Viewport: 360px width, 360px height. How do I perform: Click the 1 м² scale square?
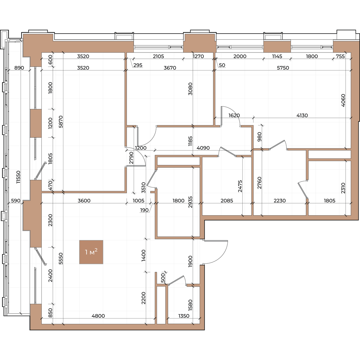click(x=91, y=252)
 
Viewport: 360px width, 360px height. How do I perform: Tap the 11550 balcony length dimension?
click(x=18, y=177)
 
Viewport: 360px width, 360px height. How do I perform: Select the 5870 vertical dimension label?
click(x=61, y=122)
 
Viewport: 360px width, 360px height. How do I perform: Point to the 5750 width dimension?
click(x=283, y=68)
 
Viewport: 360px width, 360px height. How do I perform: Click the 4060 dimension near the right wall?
click(x=343, y=100)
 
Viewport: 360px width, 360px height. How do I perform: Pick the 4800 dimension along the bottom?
click(x=98, y=316)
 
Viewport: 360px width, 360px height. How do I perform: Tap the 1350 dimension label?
click(x=184, y=316)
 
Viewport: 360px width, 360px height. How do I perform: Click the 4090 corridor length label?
click(x=203, y=148)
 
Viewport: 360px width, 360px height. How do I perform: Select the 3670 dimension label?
click(x=170, y=68)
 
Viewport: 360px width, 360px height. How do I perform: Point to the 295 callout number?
click(x=138, y=65)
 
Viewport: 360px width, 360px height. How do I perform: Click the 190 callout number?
click(x=144, y=210)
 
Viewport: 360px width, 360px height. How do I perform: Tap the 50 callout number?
click(x=222, y=65)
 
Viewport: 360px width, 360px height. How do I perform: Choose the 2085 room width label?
click(x=227, y=201)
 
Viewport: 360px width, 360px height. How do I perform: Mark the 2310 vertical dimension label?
click(x=343, y=188)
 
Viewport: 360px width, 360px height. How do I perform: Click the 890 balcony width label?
click(x=19, y=68)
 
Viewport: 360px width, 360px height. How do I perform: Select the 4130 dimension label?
click(x=302, y=115)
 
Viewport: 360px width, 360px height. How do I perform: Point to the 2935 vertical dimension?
click(x=190, y=202)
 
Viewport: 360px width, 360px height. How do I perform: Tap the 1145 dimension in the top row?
click(x=277, y=56)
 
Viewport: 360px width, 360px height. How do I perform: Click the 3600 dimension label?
click(x=84, y=201)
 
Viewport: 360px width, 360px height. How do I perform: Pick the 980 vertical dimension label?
click(x=259, y=137)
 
